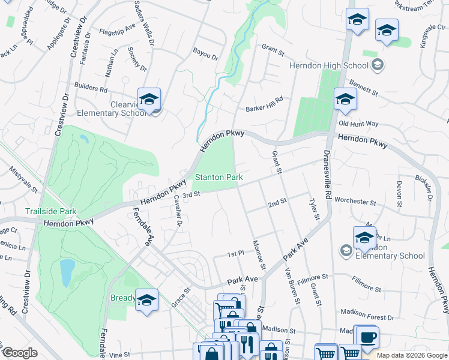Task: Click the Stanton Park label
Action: (x=218, y=178)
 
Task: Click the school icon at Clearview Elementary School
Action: (x=149, y=100)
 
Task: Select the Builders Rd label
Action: (x=91, y=88)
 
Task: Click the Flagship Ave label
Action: (x=118, y=31)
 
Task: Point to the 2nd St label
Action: (x=277, y=204)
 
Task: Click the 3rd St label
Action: (x=191, y=194)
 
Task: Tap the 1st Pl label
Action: (x=235, y=254)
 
